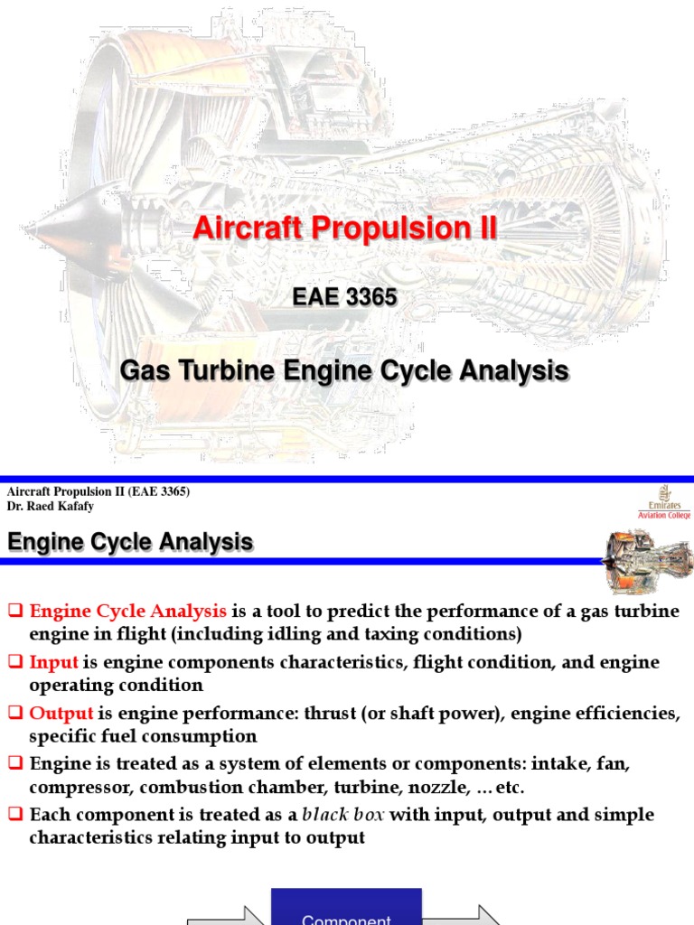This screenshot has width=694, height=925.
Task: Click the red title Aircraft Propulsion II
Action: (345, 229)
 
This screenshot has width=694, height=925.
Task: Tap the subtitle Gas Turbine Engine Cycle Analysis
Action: (345, 370)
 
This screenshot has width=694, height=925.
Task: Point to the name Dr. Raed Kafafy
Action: (51, 507)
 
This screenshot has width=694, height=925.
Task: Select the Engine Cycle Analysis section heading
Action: (130, 543)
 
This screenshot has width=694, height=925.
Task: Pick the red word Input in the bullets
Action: (54, 662)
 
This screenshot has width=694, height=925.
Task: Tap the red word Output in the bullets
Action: (61, 714)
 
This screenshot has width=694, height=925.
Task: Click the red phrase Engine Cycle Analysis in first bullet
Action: (131, 612)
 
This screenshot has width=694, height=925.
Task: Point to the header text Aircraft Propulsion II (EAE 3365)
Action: (98, 491)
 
